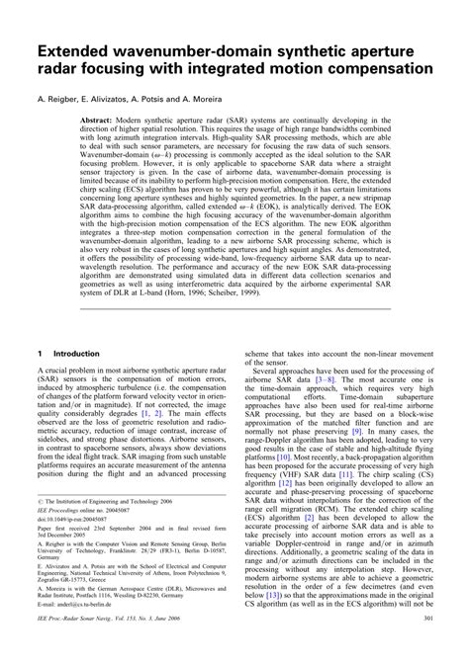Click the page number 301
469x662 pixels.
click(425, 646)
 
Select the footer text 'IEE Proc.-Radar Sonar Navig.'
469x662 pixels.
click(75, 646)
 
